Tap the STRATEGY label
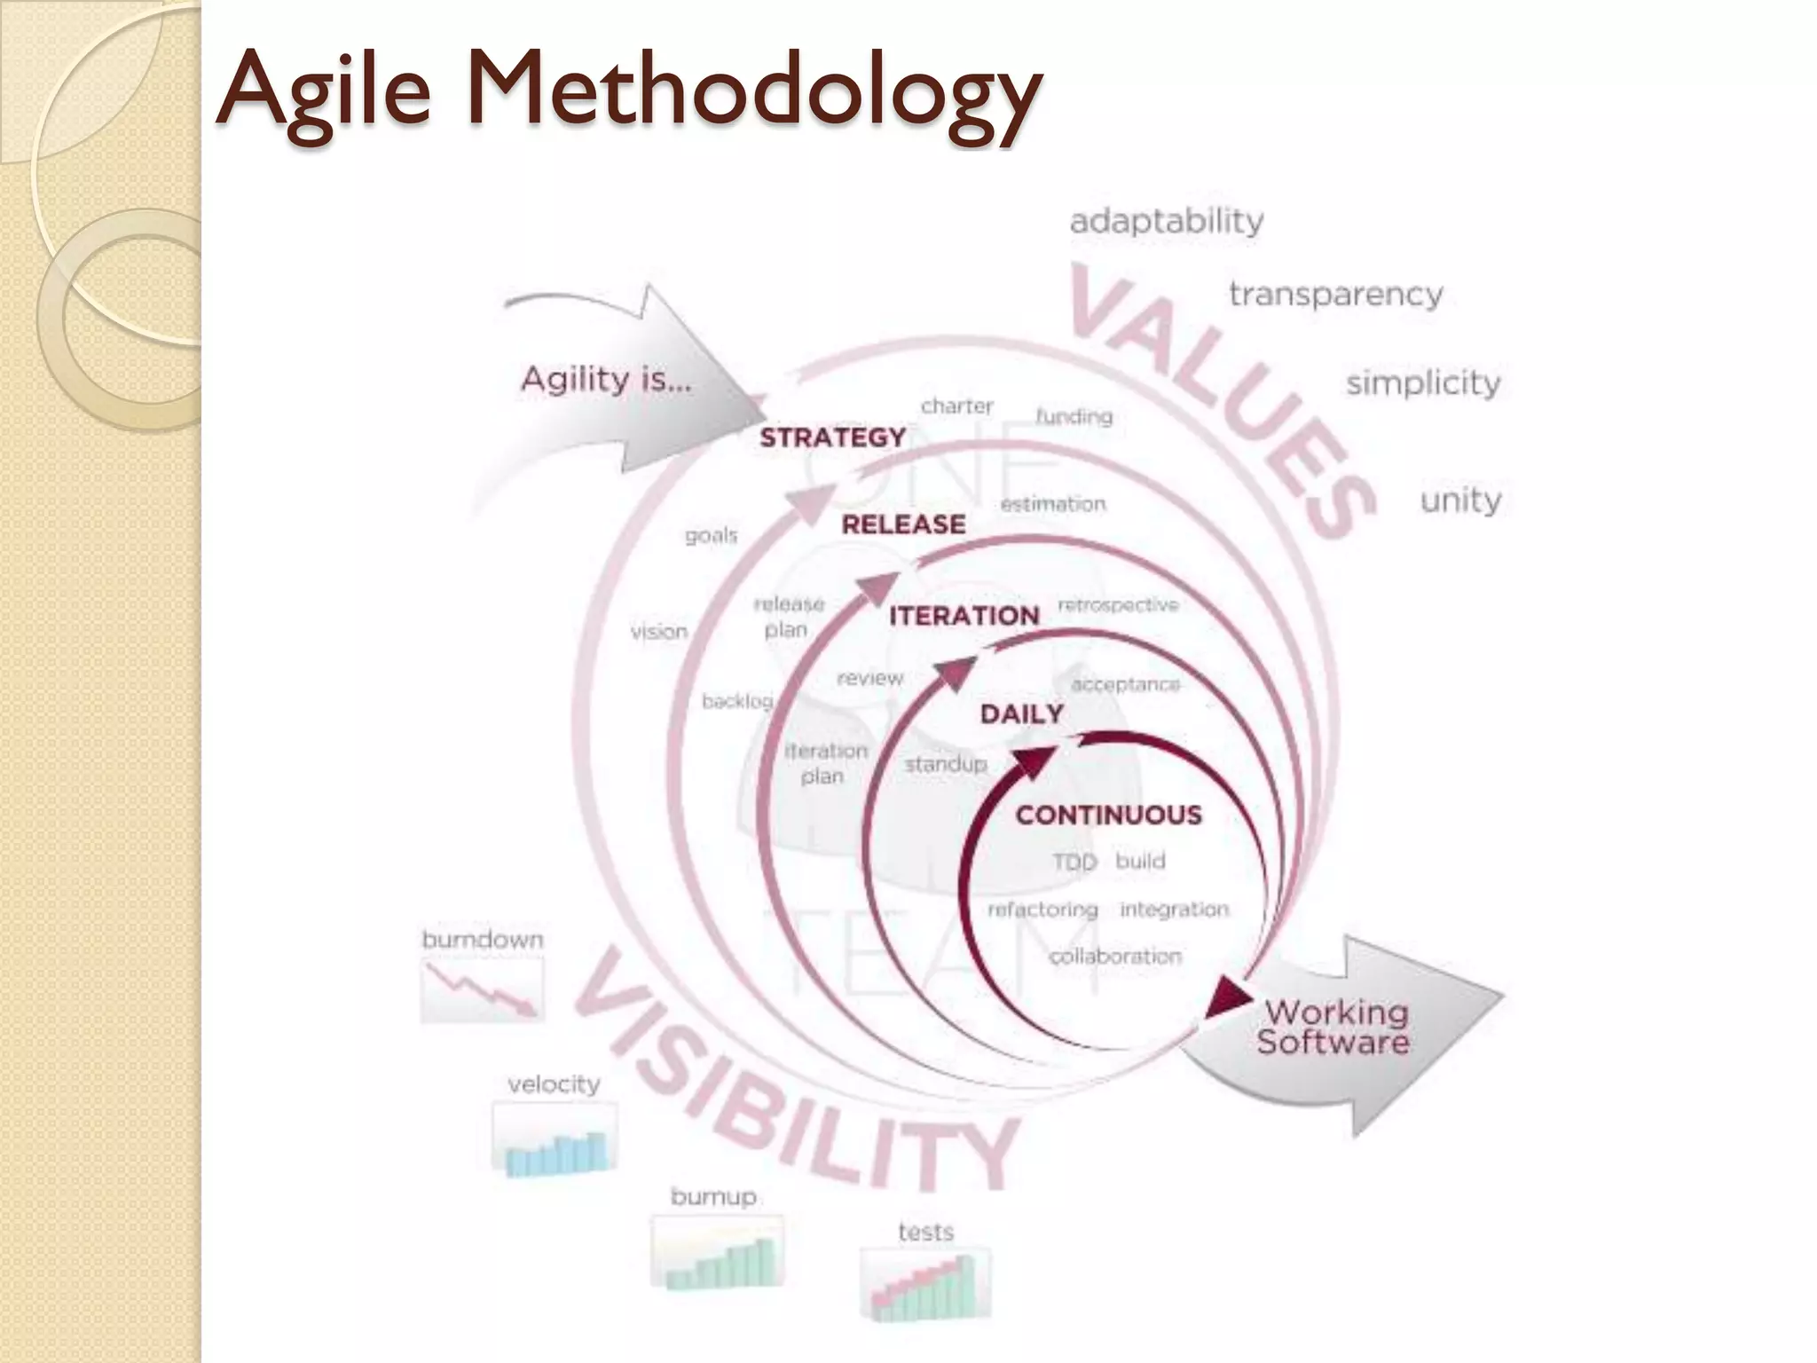[x=832, y=437]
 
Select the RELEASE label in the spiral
[x=903, y=524]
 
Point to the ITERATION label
[x=964, y=616]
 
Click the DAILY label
[x=1021, y=713]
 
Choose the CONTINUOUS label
[x=1108, y=815]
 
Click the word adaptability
[x=1166, y=221]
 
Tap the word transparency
[x=1335, y=295]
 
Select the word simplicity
[x=1423, y=383]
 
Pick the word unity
[x=1460, y=500]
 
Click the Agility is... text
[x=606, y=380]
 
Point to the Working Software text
[x=1333, y=1027]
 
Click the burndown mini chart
[x=482, y=989]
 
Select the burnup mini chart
[x=717, y=1254]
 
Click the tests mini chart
[x=924, y=1284]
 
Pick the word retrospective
[x=1118, y=605]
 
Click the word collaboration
[x=1115, y=957]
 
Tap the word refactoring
[x=1042, y=910]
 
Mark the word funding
[x=1074, y=416]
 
